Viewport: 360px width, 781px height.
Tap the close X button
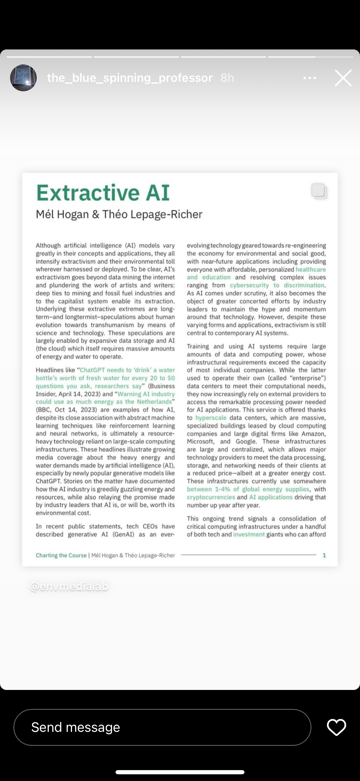coord(343,78)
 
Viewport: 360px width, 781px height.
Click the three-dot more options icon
coord(309,78)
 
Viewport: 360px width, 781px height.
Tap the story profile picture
coord(23,78)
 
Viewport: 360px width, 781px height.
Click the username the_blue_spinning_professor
coord(130,78)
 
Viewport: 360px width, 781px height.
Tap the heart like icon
coord(336,727)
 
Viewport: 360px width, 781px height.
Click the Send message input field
coord(162,727)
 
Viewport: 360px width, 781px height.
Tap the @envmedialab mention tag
coord(69,587)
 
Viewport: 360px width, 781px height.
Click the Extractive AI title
coord(103,193)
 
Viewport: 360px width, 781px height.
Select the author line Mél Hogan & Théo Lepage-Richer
coord(119,214)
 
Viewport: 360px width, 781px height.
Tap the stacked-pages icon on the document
coord(319,191)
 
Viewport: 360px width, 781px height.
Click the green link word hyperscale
coord(211,418)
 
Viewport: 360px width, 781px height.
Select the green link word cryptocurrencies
coord(211,497)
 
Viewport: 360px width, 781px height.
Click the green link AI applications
coord(271,497)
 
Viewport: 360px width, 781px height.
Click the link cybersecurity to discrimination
coord(277,285)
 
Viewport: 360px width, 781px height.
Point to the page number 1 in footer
coord(324,555)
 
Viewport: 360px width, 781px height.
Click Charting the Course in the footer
coord(61,555)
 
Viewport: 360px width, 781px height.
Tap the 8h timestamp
coord(227,78)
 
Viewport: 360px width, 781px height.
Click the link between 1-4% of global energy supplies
coord(248,489)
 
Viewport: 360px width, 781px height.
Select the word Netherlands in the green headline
coord(154,402)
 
